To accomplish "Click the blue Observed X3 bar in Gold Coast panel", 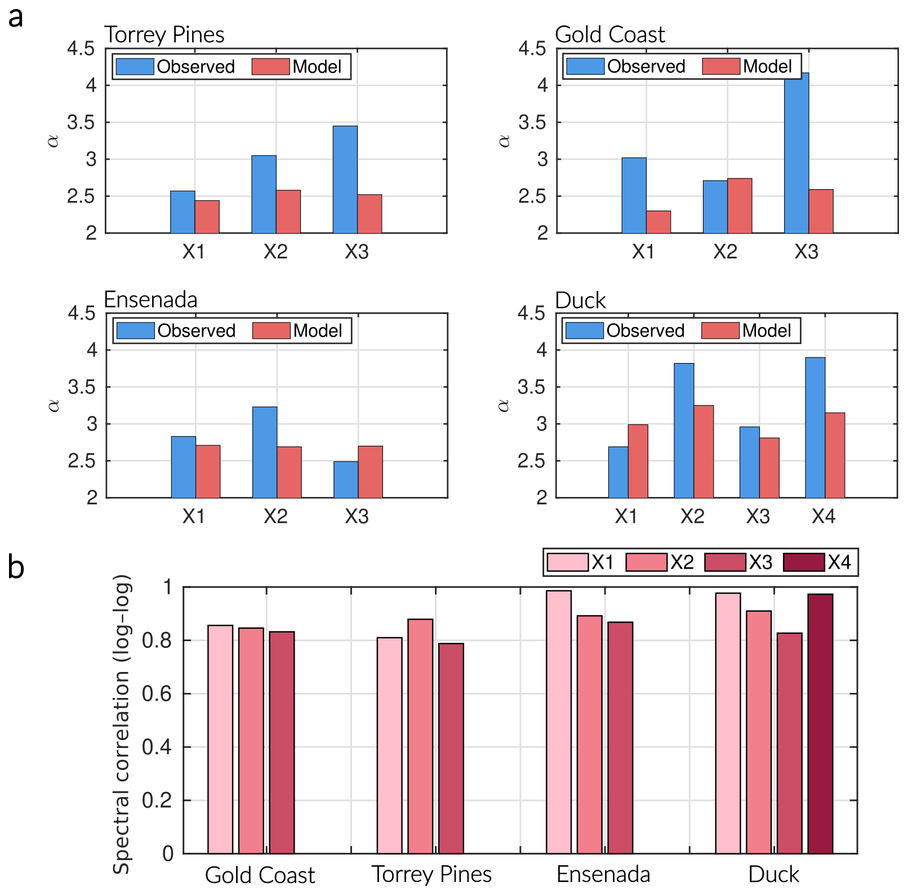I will tap(796, 153).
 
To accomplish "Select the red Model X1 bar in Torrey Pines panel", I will tap(207, 217).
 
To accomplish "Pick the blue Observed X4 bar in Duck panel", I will tap(815, 427).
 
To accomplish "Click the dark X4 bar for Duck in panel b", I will tap(820, 723).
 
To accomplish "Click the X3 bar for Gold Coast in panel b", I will tap(282, 742).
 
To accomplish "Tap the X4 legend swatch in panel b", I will tap(804, 562).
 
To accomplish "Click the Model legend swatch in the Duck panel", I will tap(720, 330).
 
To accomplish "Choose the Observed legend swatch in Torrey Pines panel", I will tap(135, 66).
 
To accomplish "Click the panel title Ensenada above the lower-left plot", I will tap(150, 300).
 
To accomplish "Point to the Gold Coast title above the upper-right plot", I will tap(609, 35).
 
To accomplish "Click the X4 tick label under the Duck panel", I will tap(823, 516).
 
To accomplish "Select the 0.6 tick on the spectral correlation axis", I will tap(157, 693).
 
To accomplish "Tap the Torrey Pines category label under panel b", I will tap(431, 874).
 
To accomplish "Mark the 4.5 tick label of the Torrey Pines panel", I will tap(81, 49).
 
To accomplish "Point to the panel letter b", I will tap(16, 567).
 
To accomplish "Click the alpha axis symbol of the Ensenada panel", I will tap(54, 405).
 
